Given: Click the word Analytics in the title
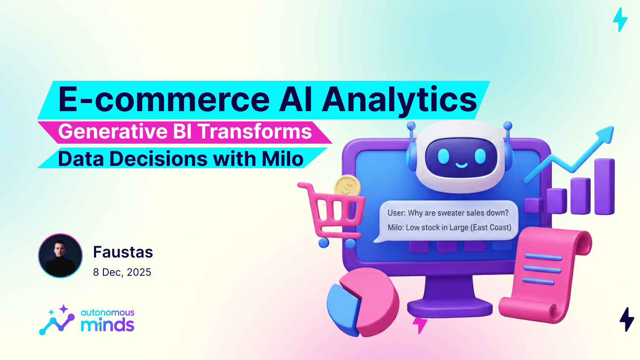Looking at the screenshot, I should click(x=399, y=100).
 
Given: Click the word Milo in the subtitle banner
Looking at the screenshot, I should click(x=282, y=159).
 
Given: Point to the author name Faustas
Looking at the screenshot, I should click(x=123, y=252).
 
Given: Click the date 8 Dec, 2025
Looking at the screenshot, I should click(x=122, y=272).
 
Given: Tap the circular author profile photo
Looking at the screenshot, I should click(x=60, y=256).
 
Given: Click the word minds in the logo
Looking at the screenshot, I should click(x=108, y=325).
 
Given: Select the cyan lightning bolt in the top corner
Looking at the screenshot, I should click(x=620, y=20).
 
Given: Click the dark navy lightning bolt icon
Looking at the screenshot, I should click(x=627, y=319).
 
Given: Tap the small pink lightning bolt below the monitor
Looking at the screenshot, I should click(x=420, y=325).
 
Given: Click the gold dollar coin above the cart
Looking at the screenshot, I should click(x=347, y=187).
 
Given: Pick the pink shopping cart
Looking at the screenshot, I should click(x=335, y=212).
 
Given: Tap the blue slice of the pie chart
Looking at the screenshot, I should click(x=342, y=307).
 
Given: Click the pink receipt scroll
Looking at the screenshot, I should click(x=542, y=274).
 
